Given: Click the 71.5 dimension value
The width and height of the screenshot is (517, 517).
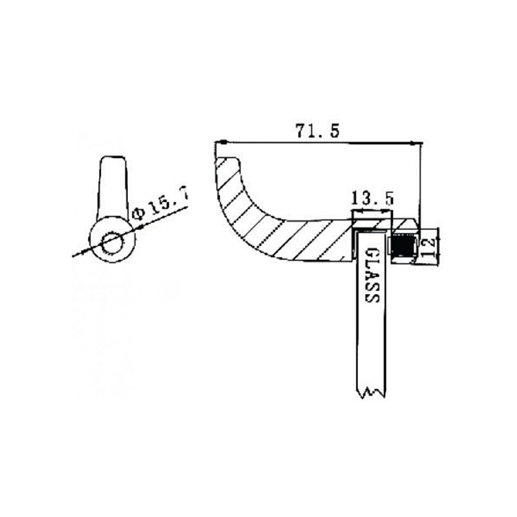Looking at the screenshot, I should coord(317,131).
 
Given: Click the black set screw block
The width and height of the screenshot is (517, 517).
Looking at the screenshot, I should coord(402,247).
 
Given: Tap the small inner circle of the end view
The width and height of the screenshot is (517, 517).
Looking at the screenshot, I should coord(112,243).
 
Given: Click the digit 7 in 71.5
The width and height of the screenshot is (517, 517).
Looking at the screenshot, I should coord(301,131).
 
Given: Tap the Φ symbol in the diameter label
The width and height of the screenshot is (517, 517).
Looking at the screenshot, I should coord(137,214).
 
